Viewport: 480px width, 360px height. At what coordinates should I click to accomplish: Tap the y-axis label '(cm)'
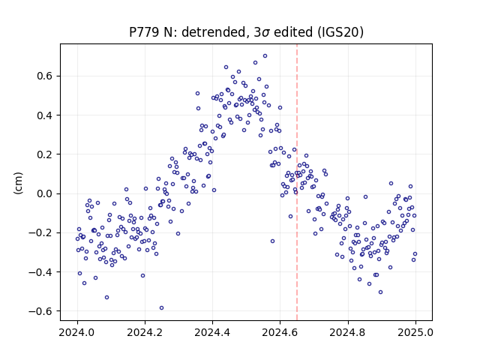click(18, 183)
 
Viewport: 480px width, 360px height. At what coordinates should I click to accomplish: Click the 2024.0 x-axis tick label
click(77, 332)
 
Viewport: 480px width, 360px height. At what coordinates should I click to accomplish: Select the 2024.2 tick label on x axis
click(145, 332)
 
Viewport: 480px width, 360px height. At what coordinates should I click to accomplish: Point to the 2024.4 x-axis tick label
click(212, 332)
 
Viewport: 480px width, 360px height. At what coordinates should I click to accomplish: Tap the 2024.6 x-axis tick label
click(280, 332)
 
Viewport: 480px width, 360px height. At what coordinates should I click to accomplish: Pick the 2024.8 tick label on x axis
click(348, 332)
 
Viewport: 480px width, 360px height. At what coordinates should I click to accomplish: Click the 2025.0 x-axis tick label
click(415, 332)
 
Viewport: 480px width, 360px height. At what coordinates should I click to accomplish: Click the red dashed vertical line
click(297, 182)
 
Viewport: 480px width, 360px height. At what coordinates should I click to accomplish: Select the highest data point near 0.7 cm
click(265, 56)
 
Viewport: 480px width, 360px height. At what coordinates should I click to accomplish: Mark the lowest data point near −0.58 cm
click(162, 308)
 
